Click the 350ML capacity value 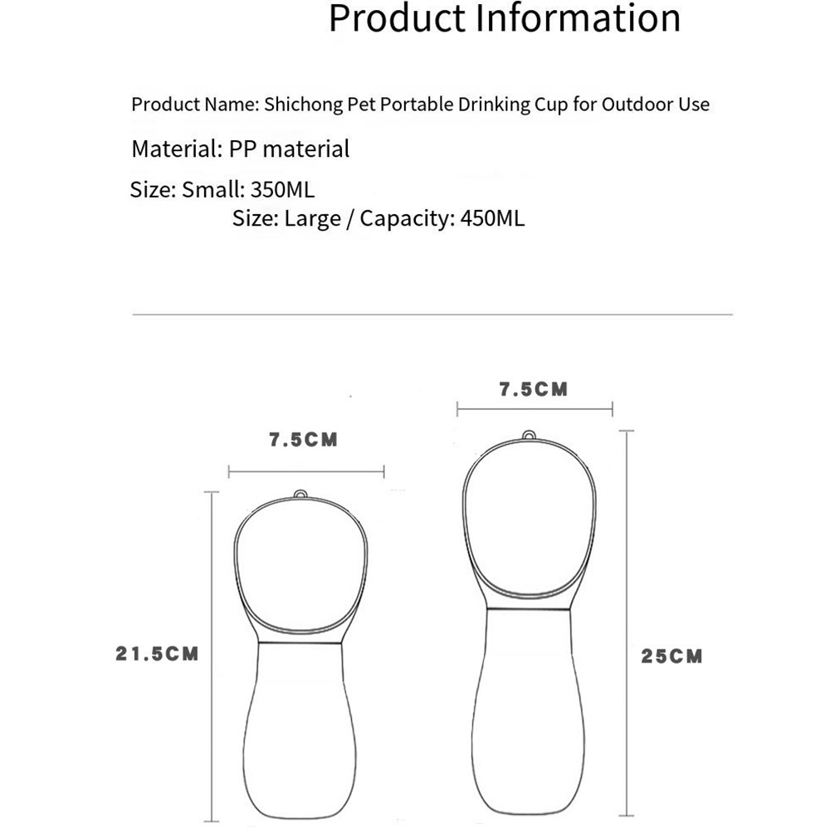click(x=282, y=189)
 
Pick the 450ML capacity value click(x=492, y=218)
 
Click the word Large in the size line click(x=312, y=219)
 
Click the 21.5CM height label click(x=157, y=654)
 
